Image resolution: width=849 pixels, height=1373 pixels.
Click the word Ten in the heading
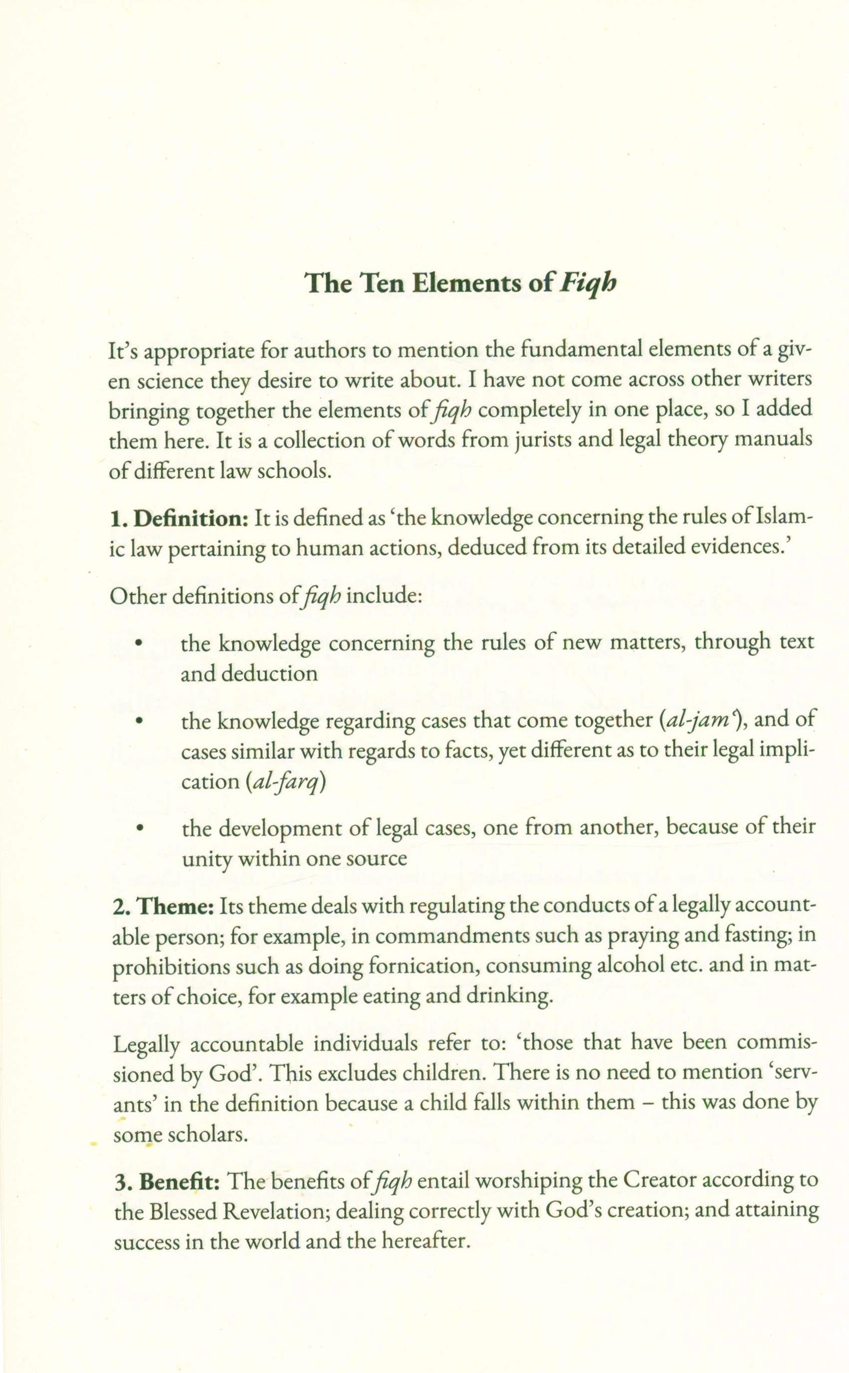tap(383, 283)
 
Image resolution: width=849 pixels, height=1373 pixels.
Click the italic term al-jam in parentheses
tap(698, 720)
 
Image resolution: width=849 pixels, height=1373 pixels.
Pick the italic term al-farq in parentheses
tap(286, 782)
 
